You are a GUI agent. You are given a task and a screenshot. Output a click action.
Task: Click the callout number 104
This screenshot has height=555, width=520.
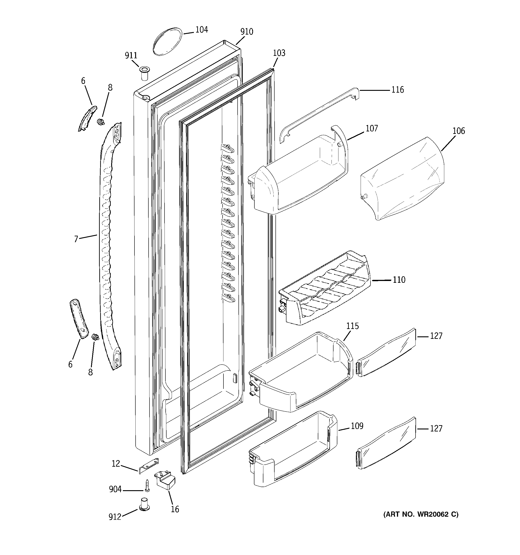tap(201, 30)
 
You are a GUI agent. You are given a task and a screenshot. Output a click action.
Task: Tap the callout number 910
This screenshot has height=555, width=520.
tap(247, 32)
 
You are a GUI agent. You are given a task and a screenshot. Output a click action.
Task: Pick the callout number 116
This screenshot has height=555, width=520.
tap(397, 90)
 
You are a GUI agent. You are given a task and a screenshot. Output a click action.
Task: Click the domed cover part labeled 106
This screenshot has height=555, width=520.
tap(402, 179)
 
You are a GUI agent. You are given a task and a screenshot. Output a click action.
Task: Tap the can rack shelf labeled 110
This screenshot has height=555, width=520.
tap(325, 289)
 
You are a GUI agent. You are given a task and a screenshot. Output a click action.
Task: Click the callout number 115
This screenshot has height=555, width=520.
tap(353, 326)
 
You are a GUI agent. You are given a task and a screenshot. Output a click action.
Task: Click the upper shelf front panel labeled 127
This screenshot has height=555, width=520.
tap(387, 353)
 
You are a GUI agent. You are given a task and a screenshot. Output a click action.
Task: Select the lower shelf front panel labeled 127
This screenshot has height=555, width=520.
tap(387, 444)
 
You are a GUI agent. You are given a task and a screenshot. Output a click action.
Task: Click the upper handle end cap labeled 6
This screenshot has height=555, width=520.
tap(87, 118)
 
